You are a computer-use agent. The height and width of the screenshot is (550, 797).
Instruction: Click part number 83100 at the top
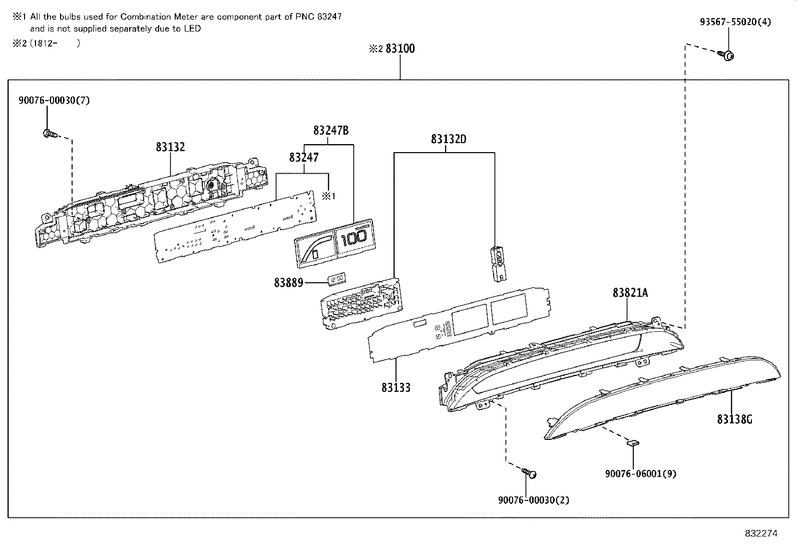[x=400, y=49]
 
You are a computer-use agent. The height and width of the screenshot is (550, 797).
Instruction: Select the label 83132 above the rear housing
[x=170, y=147]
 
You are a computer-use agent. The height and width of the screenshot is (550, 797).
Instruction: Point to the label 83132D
[x=449, y=139]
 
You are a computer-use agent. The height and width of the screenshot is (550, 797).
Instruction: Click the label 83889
[x=288, y=283]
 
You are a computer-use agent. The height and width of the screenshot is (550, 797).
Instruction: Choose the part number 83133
[x=396, y=387]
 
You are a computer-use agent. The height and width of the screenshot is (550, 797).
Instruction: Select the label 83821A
[x=630, y=293]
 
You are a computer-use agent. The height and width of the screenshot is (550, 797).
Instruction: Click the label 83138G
[x=734, y=419]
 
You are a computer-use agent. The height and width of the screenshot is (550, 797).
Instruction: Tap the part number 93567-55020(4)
[x=735, y=22]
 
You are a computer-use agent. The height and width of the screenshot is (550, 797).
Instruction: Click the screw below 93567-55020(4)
[x=728, y=55]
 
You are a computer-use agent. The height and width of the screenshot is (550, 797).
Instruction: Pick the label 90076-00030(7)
[x=54, y=100]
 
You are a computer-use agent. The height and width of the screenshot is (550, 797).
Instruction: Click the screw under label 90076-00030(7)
[x=49, y=134]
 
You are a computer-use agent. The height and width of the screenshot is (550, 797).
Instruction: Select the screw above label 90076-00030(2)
[x=531, y=473]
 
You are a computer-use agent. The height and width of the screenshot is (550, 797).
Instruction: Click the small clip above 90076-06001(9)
[x=633, y=442]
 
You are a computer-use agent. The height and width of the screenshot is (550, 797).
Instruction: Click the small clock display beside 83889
[x=336, y=278]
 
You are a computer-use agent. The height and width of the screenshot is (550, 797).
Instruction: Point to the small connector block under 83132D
[x=499, y=263]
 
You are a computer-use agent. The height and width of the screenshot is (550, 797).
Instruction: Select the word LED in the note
[x=192, y=29]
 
